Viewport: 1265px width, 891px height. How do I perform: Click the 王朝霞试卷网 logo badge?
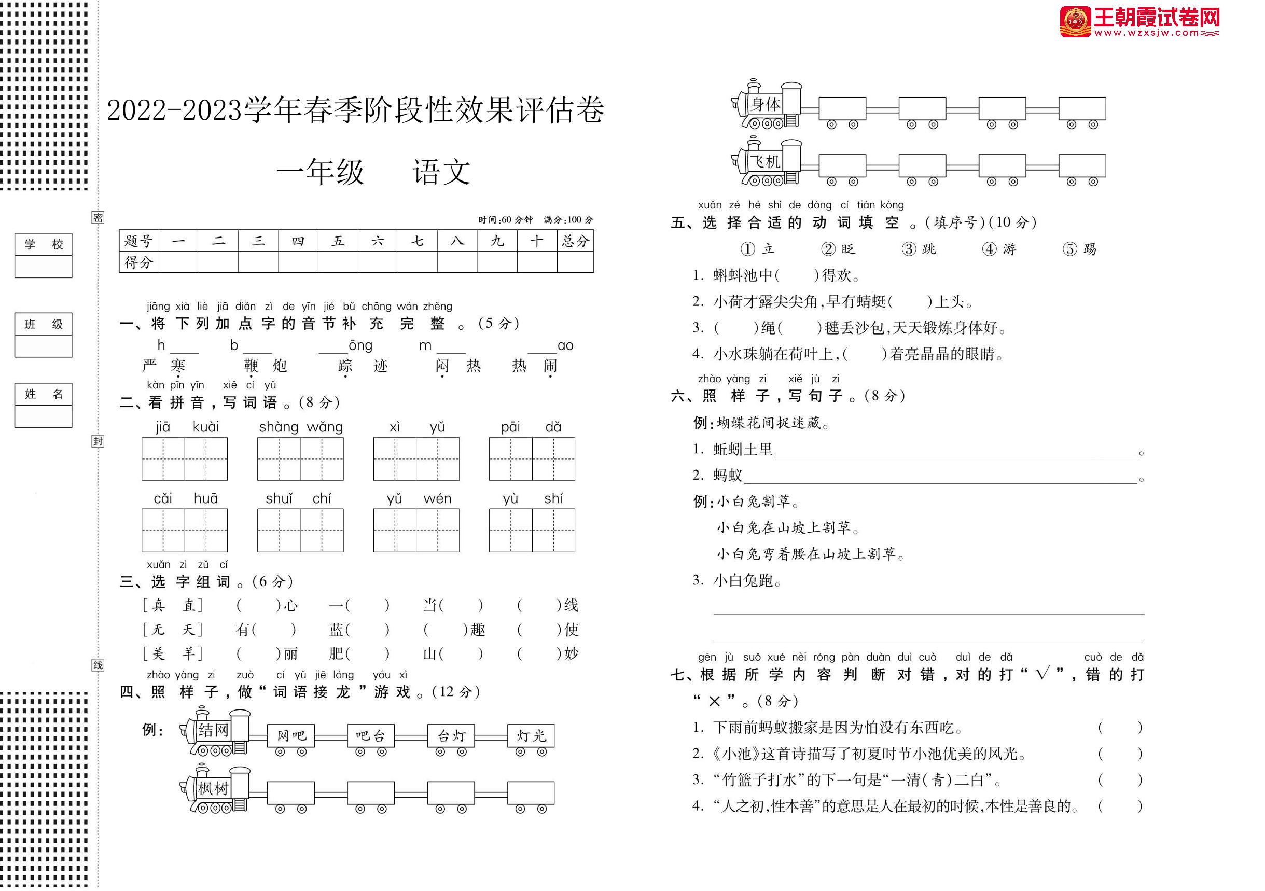point(1075,22)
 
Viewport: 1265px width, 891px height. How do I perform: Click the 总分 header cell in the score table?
point(575,241)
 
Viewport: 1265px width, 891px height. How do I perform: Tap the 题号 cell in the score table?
point(138,241)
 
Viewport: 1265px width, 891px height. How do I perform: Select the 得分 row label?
point(138,262)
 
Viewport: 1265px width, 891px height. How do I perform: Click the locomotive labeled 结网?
point(215,732)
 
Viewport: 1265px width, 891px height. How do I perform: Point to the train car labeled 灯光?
point(531,736)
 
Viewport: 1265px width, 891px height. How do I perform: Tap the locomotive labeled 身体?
point(767,105)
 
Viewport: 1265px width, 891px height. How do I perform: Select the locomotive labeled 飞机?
point(767,162)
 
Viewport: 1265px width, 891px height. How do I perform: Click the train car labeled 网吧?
point(291,736)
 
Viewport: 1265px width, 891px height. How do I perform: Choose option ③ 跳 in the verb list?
point(919,249)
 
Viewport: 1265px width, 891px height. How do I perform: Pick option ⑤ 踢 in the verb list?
point(1080,249)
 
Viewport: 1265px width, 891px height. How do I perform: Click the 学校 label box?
point(44,244)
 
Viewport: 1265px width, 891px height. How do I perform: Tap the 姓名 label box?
point(44,394)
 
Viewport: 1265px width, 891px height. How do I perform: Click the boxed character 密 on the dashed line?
point(98,218)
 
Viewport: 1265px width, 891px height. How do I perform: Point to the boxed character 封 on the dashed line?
point(98,441)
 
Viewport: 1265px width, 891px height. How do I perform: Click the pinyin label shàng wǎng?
point(301,427)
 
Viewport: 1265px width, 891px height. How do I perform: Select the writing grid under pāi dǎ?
point(532,459)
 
